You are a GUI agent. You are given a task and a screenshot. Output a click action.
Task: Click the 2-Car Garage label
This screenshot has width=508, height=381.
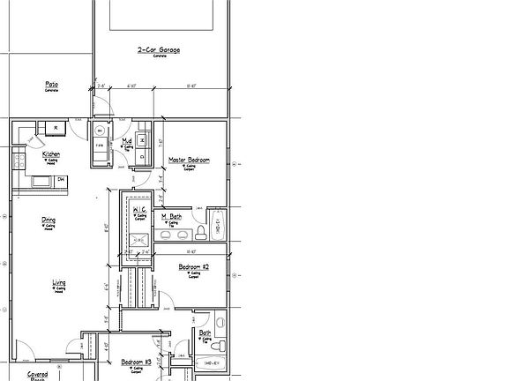click(159, 50)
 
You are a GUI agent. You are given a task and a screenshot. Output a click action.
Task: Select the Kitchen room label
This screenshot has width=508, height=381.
click(51, 154)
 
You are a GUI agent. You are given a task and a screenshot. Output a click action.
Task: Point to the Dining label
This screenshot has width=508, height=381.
click(49, 220)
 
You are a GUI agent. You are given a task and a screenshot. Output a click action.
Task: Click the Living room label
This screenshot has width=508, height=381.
click(58, 282)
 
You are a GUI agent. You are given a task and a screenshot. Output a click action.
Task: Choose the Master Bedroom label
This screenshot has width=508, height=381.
click(189, 160)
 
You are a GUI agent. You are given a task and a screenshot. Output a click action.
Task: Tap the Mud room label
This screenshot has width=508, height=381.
click(127, 140)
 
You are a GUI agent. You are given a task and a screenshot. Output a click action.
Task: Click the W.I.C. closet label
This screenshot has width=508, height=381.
click(140, 208)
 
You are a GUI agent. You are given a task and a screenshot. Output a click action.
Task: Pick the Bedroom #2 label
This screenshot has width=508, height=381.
click(193, 265)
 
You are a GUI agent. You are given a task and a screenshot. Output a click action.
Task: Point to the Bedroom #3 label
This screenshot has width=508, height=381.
click(137, 362)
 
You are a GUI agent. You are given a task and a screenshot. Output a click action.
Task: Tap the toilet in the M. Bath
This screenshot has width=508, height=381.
click(201, 231)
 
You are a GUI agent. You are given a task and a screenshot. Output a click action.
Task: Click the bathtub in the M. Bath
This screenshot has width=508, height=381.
click(218, 223)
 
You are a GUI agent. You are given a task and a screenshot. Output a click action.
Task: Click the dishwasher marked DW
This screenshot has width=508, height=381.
click(61, 180)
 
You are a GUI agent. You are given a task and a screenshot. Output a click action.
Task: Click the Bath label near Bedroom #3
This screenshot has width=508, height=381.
click(205, 332)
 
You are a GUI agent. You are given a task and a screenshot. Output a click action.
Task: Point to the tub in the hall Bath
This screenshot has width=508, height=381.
click(212, 362)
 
